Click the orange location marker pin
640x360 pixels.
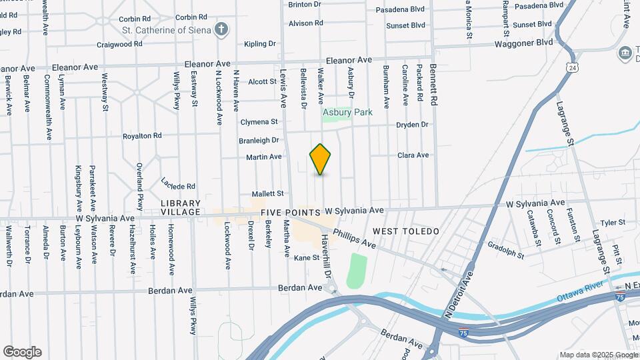[321, 159]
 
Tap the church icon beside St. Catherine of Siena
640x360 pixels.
[221, 29]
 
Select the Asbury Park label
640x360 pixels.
[347, 113]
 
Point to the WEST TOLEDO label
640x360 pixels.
[406, 231]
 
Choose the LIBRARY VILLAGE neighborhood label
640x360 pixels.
[180, 207]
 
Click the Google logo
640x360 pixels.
[22, 352]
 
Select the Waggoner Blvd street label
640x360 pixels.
[523, 42]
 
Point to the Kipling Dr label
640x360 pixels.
[260, 44]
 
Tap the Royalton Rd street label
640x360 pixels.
[142, 135]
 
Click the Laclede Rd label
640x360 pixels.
[178, 183]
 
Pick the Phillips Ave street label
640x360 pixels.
[355, 239]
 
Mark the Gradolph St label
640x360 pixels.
[505, 250]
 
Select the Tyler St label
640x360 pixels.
[613, 223]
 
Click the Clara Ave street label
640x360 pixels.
[413, 155]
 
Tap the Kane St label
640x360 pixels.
[307, 257]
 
